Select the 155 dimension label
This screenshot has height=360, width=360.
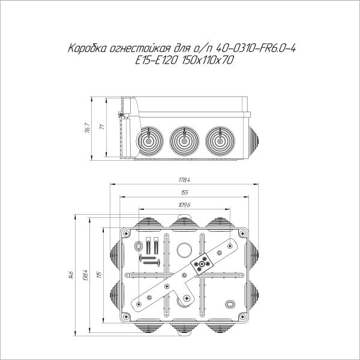point(184,193)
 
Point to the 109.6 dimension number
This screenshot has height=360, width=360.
point(184,205)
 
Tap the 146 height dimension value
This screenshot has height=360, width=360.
point(71,275)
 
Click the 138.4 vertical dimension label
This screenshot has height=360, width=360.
point(86,275)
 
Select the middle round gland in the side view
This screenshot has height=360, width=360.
point(183,142)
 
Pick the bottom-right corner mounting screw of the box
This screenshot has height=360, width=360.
point(242,316)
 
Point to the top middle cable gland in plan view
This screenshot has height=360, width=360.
point(184,223)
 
